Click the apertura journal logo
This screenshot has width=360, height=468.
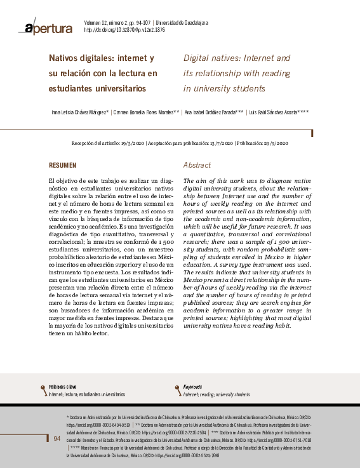click(x=49, y=27)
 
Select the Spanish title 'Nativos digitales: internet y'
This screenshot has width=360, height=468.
click(x=102, y=58)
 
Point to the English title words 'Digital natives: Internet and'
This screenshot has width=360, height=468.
click(x=236, y=58)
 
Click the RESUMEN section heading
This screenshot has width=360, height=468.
click(x=63, y=165)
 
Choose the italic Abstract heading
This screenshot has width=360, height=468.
click(x=197, y=165)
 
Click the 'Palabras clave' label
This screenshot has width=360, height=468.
click(x=63, y=387)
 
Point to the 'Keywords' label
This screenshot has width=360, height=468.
click(x=193, y=387)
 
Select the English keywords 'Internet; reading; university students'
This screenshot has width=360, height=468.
click(x=217, y=394)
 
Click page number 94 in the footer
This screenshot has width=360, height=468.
click(x=57, y=439)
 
